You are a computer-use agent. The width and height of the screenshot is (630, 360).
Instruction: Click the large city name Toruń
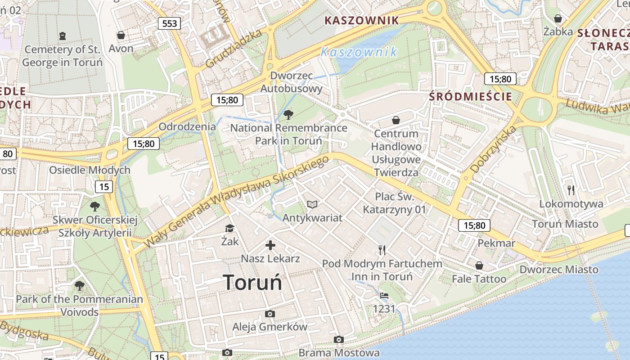253,283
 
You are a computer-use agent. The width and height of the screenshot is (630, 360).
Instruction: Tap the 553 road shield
169,23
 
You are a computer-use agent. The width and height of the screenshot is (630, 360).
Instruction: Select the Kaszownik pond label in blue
359,52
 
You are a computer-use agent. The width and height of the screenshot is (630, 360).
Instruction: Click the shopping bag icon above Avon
121,35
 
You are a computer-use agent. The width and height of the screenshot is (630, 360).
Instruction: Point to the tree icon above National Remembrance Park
288,114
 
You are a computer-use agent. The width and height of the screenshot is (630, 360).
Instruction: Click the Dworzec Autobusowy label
292,82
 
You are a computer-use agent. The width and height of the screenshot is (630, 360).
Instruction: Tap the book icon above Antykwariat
312,205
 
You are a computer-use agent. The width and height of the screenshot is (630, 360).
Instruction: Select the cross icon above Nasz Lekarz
270,245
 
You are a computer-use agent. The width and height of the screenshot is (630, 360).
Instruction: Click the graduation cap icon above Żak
229,228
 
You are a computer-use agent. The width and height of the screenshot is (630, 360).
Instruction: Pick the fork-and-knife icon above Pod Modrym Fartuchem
382,250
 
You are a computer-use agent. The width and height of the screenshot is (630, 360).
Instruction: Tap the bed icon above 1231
384,296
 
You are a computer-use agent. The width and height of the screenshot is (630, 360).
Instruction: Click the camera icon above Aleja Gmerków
270,314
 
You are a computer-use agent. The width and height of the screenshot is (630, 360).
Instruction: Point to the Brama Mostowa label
339,353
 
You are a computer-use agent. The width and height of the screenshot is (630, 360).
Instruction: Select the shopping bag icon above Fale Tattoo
479,265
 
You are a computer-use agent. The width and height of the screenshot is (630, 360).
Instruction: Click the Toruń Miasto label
565,224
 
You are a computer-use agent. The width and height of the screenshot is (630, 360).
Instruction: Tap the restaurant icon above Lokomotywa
571,190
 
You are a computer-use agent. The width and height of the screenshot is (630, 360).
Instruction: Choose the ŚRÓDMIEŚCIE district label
470,96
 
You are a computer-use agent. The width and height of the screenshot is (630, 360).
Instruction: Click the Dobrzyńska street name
493,150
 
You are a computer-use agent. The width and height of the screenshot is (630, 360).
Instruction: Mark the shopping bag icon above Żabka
558,18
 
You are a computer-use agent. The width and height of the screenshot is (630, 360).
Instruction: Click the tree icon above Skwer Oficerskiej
94,207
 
